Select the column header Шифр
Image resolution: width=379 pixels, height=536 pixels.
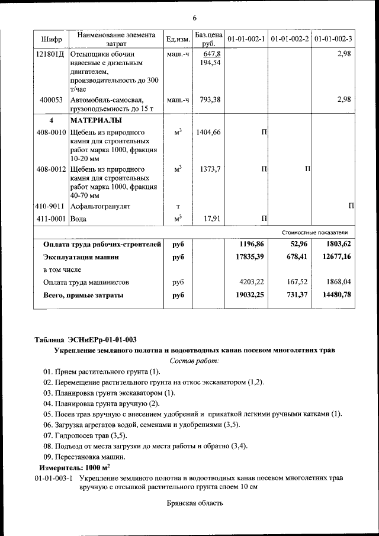tap(52, 39)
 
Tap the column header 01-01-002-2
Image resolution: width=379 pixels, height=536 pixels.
tap(290, 39)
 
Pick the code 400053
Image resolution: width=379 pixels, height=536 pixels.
tap(52, 100)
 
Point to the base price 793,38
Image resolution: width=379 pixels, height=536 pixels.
tap(210, 100)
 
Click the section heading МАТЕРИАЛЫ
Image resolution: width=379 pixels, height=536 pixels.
tap(94, 120)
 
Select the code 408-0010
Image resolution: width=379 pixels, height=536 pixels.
tap(52, 132)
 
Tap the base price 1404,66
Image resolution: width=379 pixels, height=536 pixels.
tap(208, 132)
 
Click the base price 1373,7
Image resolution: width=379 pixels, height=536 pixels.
tap(210, 169)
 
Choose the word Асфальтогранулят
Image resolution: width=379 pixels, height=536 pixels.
tap(100, 207)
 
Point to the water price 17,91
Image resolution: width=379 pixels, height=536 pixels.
tap(212, 219)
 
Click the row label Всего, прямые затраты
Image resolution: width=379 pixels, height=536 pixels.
tap(83, 294)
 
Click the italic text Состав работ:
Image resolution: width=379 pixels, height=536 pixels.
tap(194, 360)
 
